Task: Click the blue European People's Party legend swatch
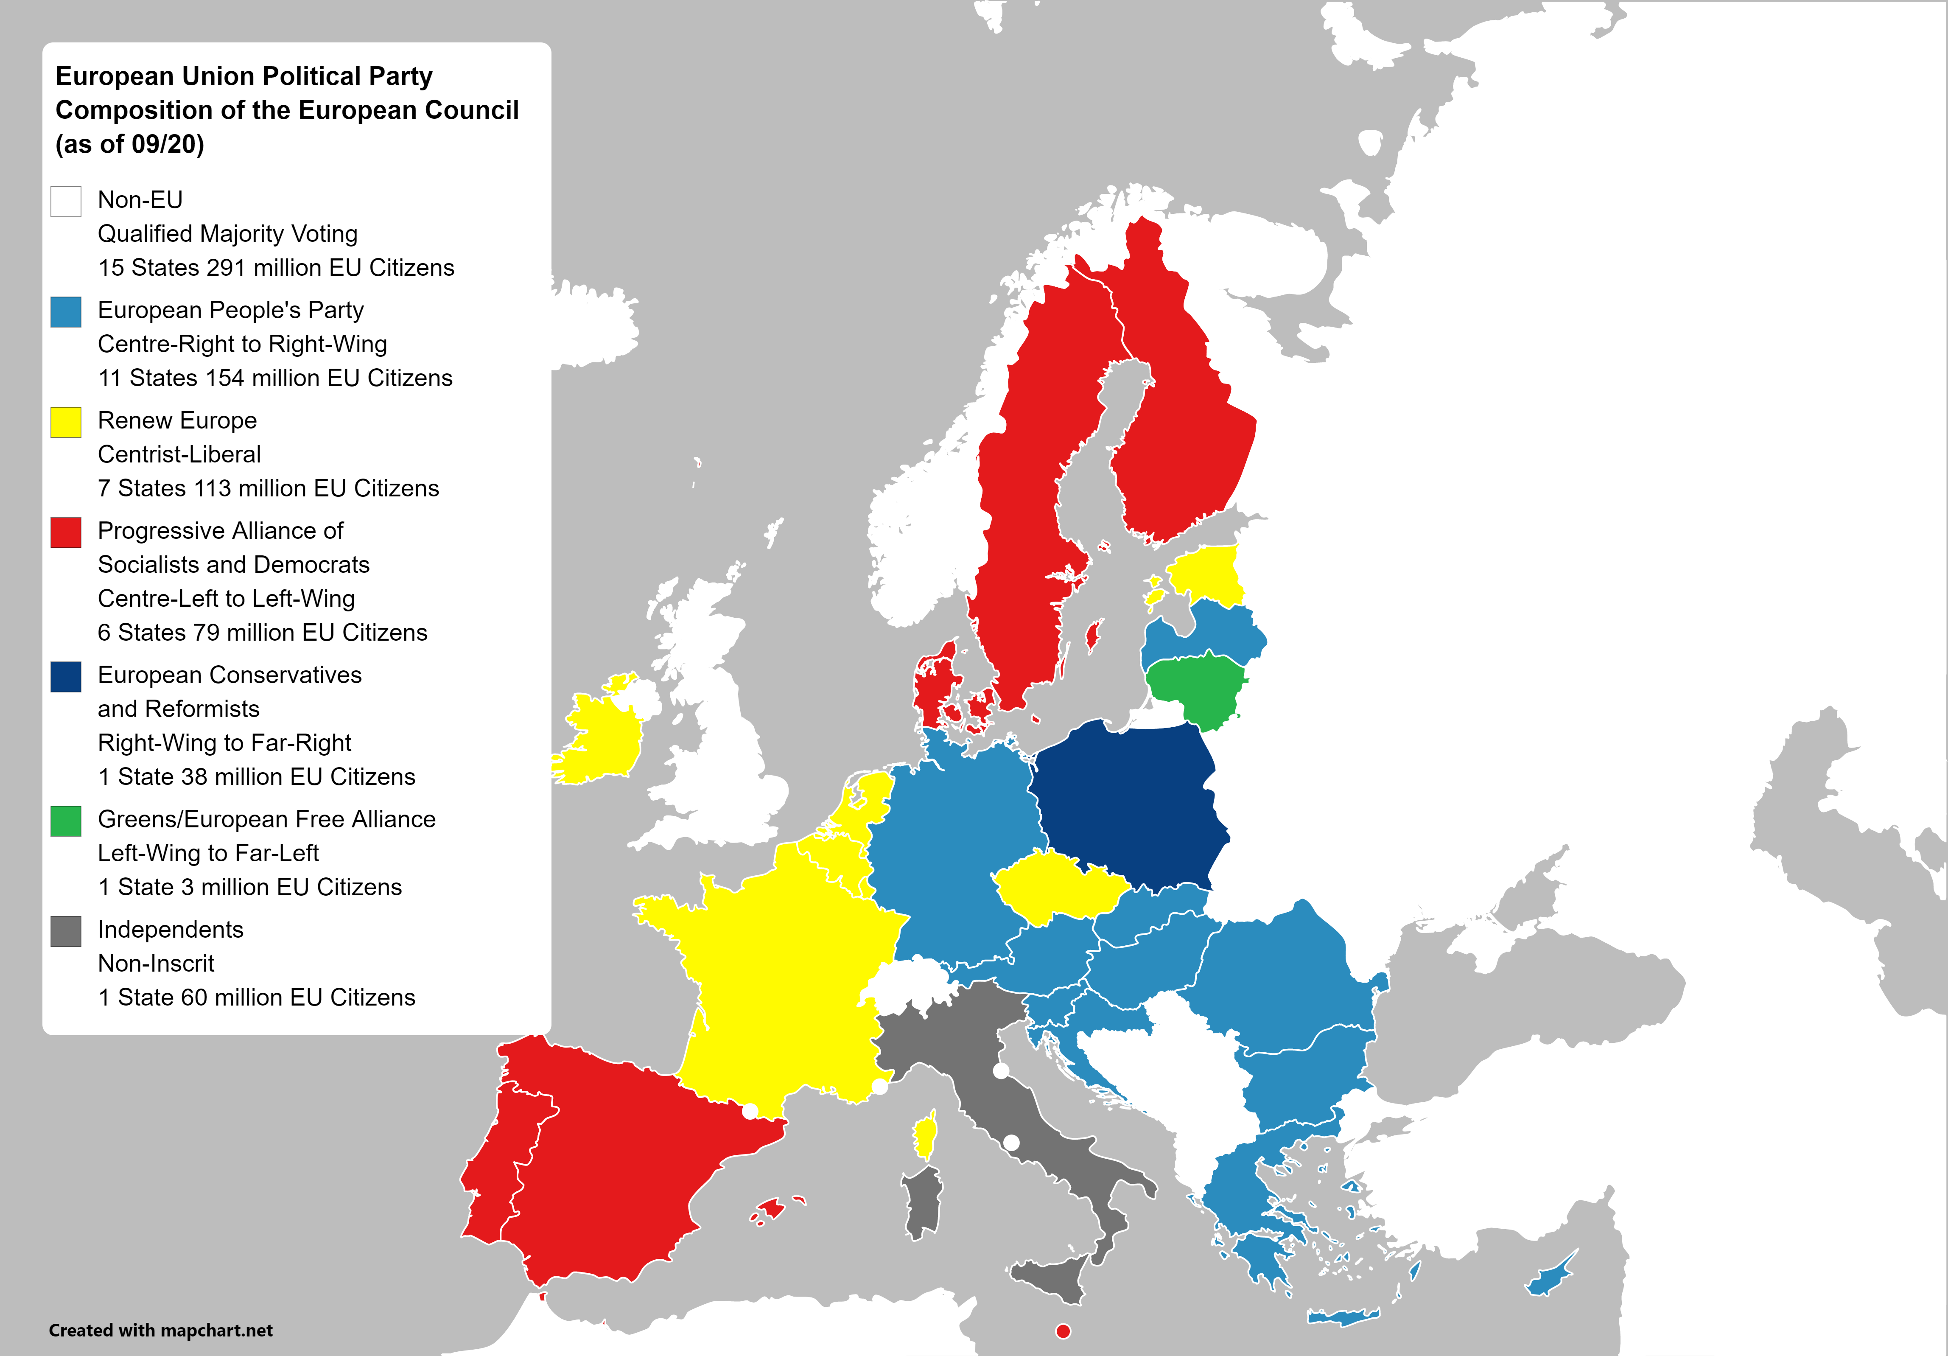[x=66, y=311]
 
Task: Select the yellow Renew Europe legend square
[x=66, y=422]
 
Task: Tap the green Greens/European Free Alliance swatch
[x=66, y=821]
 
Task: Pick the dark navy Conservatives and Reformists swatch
[x=66, y=676]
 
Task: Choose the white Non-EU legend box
[x=66, y=201]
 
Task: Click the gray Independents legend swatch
[x=66, y=931]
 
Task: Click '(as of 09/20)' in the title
[x=130, y=144]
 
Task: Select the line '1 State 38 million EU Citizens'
[x=256, y=776]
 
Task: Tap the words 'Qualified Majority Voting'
[x=227, y=233]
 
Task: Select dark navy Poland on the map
[x=1128, y=806]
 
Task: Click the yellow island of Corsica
[x=926, y=1135]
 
